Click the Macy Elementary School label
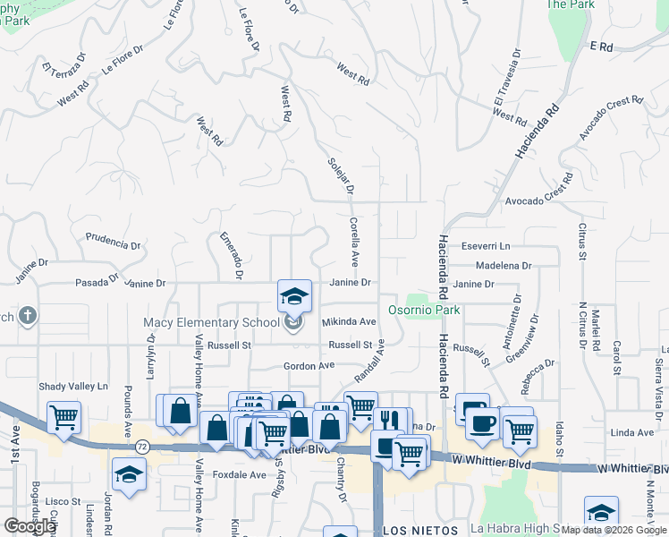point(211,322)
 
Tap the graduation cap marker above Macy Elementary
point(294,295)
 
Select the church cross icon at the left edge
point(28,316)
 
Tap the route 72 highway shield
point(141,445)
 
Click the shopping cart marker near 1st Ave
point(64,417)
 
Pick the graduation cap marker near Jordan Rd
point(129,474)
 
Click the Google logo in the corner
point(30,526)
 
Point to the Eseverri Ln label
point(486,246)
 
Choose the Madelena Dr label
point(504,266)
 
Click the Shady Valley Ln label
point(72,387)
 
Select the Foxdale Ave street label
point(239,474)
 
